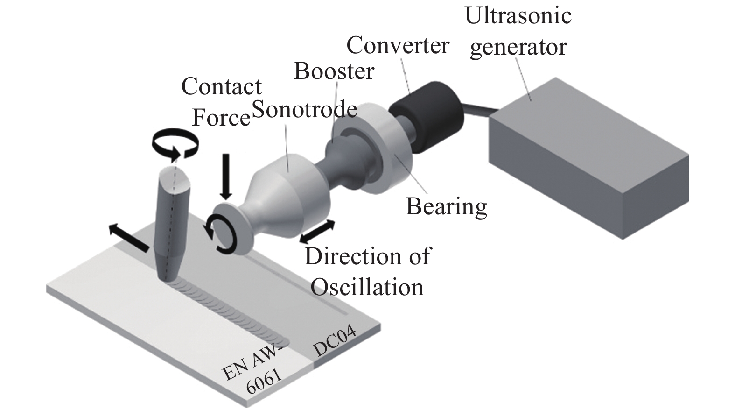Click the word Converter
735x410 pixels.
pos(398,46)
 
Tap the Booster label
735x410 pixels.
pos(334,71)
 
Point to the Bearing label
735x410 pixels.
pos(446,206)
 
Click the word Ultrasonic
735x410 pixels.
pos(518,15)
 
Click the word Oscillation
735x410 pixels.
pos(367,287)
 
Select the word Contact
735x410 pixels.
pos(221,87)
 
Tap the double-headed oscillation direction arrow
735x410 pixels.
pos(317,231)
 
